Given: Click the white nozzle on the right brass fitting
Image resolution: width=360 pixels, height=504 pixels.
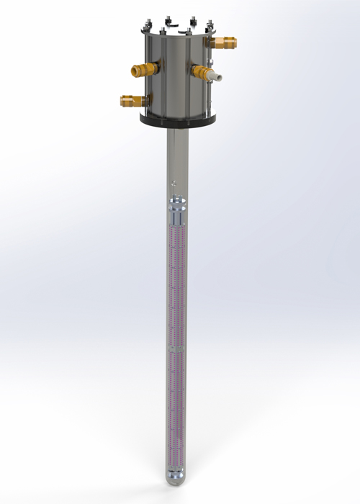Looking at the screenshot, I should tap(216, 76).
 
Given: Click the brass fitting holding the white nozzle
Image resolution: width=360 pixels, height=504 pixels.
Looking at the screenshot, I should tap(201, 71).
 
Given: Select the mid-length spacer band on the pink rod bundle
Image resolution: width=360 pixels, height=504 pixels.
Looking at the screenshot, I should tap(176, 348).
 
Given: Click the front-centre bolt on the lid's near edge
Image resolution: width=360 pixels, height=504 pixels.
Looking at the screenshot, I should tap(179, 31).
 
